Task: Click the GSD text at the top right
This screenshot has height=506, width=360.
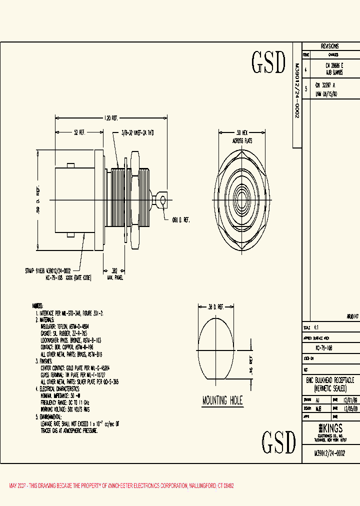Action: (268, 62)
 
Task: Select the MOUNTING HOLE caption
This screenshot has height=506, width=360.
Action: (222, 400)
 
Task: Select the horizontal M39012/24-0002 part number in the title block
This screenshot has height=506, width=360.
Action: (329, 453)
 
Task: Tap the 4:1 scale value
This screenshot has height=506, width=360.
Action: (316, 327)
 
